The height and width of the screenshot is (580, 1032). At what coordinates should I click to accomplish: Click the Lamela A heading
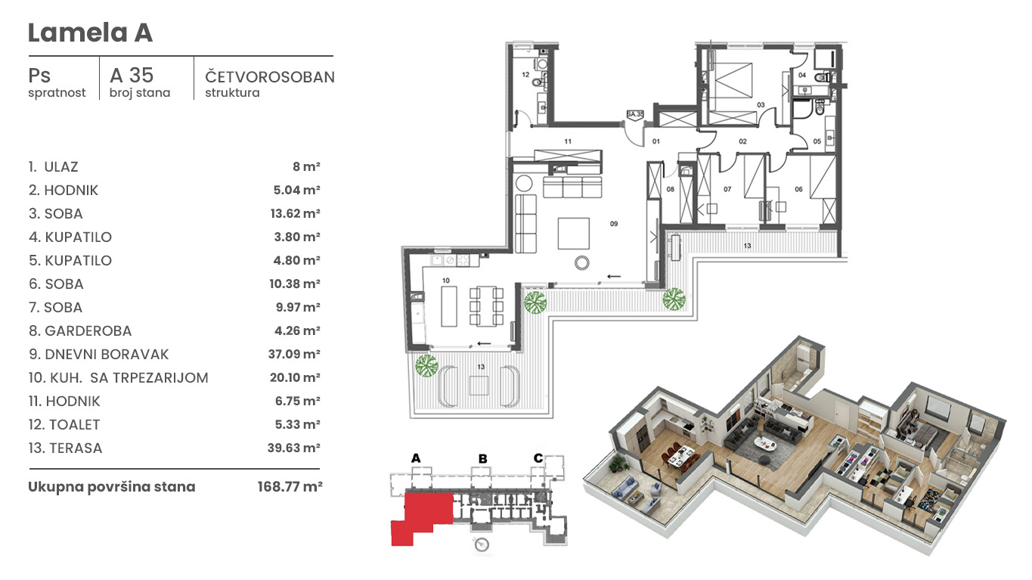[90, 33]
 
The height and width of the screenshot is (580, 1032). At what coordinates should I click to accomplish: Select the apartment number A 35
[132, 75]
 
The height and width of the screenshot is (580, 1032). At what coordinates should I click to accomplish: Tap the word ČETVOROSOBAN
[270, 76]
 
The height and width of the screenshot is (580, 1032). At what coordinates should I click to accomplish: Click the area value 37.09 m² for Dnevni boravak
[294, 354]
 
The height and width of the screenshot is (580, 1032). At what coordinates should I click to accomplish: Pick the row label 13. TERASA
[65, 448]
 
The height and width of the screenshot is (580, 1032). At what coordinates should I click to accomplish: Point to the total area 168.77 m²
[290, 486]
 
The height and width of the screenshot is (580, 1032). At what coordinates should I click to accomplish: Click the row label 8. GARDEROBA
[80, 330]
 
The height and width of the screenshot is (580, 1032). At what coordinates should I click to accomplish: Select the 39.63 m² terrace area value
[294, 448]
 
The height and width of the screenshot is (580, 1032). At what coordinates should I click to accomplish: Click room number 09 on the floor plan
[614, 224]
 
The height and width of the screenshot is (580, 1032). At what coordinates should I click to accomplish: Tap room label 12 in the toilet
[525, 75]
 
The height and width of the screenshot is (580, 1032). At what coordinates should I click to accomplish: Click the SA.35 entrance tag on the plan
[635, 115]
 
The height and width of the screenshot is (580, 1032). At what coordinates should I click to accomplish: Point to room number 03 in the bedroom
[761, 105]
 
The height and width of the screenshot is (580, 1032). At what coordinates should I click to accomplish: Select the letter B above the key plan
[483, 459]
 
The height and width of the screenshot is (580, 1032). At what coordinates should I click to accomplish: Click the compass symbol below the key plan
[482, 544]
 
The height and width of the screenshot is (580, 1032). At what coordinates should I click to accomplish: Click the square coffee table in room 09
[574, 234]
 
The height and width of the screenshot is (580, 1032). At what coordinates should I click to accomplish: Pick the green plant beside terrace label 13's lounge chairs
[426, 366]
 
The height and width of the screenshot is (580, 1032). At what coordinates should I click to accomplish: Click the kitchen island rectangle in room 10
[449, 306]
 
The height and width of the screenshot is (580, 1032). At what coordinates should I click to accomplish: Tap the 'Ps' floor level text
[39, 76]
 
